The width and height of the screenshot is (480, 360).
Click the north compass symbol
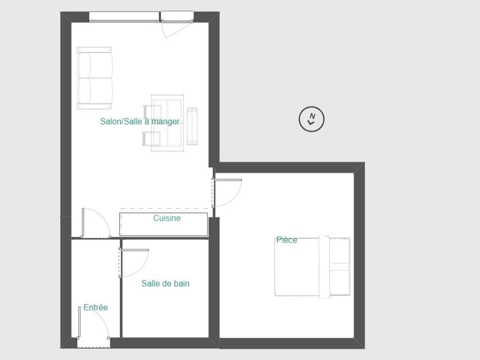(x=311, y=119)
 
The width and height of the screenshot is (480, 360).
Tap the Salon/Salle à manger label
(x=140, y=121)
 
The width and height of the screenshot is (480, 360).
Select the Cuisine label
(x=167, y=218)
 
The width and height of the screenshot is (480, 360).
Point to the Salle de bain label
(x=165, y=284)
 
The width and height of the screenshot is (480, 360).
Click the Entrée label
(x=96, y=307)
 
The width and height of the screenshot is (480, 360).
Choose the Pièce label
(x=287, y=240)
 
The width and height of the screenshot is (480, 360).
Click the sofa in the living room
(x=94, y=78)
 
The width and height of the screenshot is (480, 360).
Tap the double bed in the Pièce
(x=312, y=267)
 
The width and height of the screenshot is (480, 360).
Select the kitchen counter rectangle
(x=164, y=224)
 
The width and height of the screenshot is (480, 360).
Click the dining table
(x=168, y=123)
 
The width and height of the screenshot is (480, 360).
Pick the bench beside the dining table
(x=192, y=126)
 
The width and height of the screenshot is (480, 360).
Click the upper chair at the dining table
(x=152, y=112)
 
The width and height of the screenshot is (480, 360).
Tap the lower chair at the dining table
(x=151, y=139)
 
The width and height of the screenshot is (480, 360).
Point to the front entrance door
(x=94, y=323)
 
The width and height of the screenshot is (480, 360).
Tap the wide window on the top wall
(x=124, y=17)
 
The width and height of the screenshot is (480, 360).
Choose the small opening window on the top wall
(x=177, y=17)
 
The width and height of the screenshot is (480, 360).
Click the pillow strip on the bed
(x=324, y=267)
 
